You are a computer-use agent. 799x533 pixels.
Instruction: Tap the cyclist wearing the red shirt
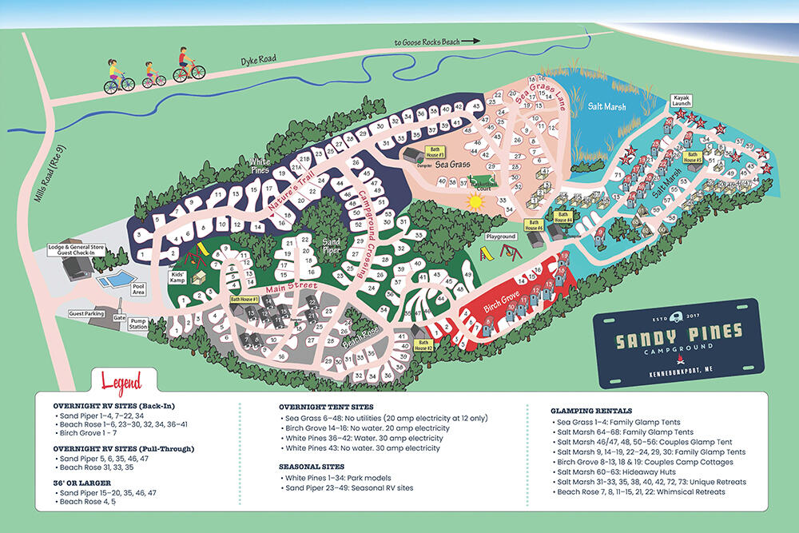(x=184, y=63)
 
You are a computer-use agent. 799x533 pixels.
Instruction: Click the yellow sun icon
(x=477, y=202)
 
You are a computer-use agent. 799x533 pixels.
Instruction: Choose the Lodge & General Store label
(x=78, y=251)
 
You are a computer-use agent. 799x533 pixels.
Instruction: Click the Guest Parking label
(x=87, y=314)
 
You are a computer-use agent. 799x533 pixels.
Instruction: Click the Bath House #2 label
(x=423, y=346)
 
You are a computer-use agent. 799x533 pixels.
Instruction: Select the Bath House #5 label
(x=691, y=156)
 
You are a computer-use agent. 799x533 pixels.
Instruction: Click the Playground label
(x=502, y=237)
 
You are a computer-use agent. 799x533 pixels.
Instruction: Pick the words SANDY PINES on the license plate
(x=678, y=331)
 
